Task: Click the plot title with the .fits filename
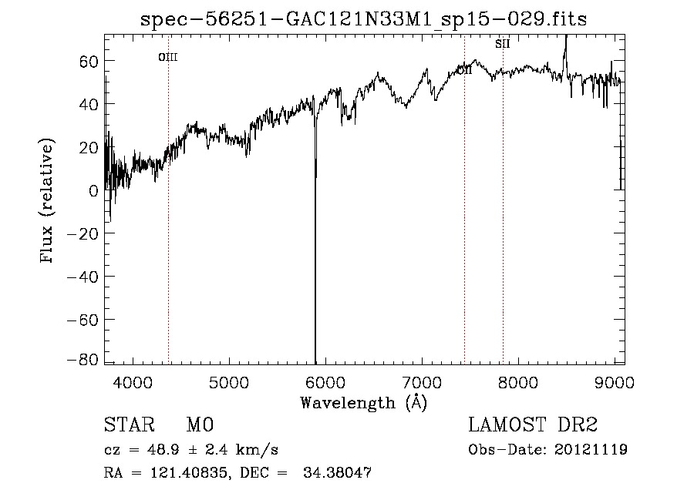click(363, 20)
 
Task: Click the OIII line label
click(168, 57)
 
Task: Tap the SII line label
click(503, 44)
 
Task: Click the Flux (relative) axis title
click(48, 200)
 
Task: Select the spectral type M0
click(199, 425)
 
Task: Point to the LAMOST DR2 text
click(533, 425)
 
